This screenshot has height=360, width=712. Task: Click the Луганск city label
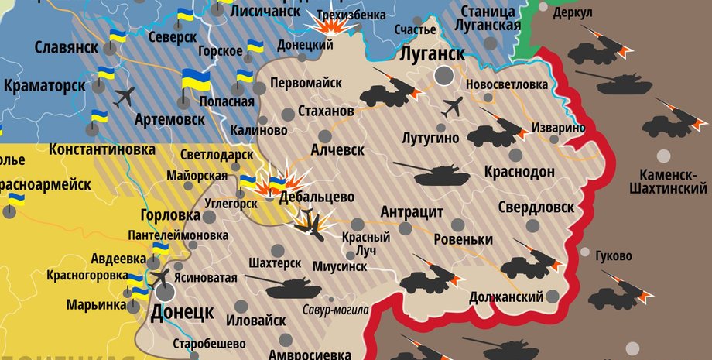point(433,54)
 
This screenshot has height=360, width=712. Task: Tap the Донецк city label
point(182,314)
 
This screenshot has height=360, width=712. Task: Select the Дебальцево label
point(318,197)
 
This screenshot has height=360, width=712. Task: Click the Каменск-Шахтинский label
point(668,180)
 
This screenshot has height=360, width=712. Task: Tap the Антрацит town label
point(412,212)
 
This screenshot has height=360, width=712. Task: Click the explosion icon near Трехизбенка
point(333,24)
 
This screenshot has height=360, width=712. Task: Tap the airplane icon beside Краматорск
point(123,98)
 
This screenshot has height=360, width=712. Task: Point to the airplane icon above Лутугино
point(453,106)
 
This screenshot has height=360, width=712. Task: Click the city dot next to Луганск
point(444,75)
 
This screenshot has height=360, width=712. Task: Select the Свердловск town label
point(536,207)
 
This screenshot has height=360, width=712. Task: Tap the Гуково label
point(614,256)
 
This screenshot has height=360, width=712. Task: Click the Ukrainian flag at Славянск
point(118,37)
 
